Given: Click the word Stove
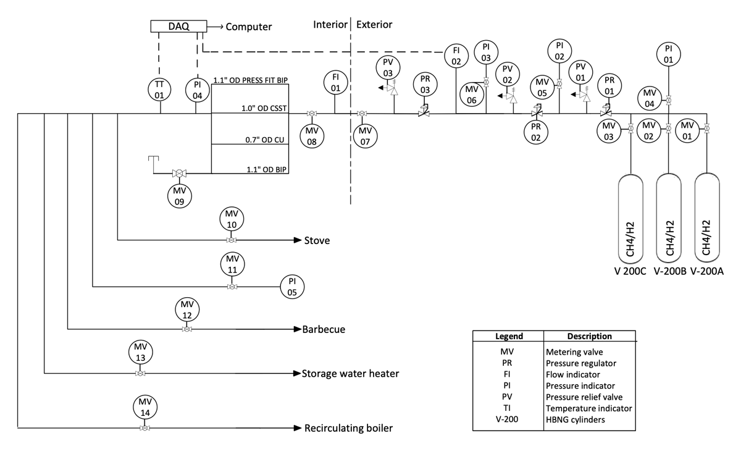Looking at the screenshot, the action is [x=317, y=240].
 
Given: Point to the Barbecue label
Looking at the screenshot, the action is [x=324, y=329].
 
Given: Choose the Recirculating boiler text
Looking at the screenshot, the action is [x=349, y=428].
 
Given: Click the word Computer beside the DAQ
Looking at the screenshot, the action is [x=249, y=27].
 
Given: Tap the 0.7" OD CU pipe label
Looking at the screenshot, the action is [x=265, y=140].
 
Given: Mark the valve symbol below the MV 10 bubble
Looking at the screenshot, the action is [x=231, y=240].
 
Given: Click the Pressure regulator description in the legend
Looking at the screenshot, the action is [x=581, y=363].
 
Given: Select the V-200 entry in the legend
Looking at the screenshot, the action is [x=507, y=419].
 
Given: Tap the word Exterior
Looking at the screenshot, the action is [x=374, y=25].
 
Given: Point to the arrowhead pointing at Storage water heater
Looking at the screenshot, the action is [x=297, y=374].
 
